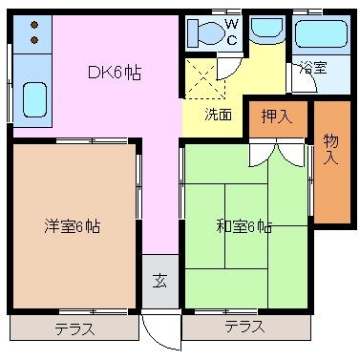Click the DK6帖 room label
tap(115, 73)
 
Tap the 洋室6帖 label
tap(73, 226)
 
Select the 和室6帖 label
tap(244, 226)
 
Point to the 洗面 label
tap(218, 115)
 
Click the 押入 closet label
tap(277, 116)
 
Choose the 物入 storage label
tap(331, 149)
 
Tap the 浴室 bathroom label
tap(313, 68)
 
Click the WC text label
tap(232, 32)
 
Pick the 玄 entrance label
tap(159, 281)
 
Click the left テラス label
tap(75, 328)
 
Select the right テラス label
tap(245, 327)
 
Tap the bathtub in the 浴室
tap(321, 34)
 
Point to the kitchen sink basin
tap(35, 99)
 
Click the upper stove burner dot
tap(34, 25)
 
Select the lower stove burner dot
tap(34, 40)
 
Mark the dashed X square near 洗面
tap(205, 78)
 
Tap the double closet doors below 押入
tap(277, 155)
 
